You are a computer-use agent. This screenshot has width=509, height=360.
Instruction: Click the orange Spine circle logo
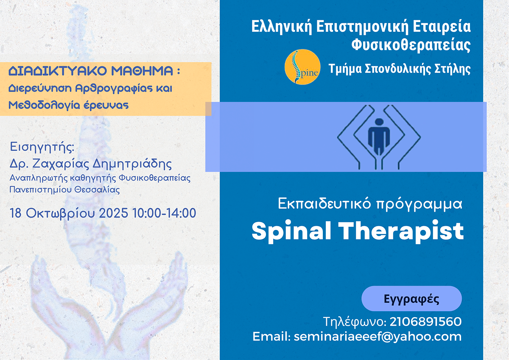pyautogui.click(x=302, y=67)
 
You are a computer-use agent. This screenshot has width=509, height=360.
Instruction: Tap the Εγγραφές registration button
pyautogui.click(x=411, y=298)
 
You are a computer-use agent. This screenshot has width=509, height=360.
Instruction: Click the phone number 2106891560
pyautogui.click(x=425, y=321)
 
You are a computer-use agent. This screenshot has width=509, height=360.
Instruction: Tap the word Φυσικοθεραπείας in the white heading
pyautogui.click(x=411, y=45)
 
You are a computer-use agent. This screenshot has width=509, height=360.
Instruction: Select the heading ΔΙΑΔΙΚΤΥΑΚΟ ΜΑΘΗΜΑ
pyautogui.click(x=91, y=71)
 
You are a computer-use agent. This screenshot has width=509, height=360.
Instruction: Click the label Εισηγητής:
pyautogui.click(x=42, y=147)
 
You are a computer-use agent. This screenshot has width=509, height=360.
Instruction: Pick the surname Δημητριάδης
pyautogui.click(x=132, y=164)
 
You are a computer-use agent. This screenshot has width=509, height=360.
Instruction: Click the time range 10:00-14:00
pyautogui.click(x=164, y=213)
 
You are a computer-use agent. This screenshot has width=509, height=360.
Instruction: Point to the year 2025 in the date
pyautogui.click(x=114, y=213)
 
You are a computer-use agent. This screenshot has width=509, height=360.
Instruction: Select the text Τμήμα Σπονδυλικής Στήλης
pyautogui.click(x=400, y=69)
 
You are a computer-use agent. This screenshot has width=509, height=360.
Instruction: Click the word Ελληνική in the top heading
pyautogui.click(x=282, y=27)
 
